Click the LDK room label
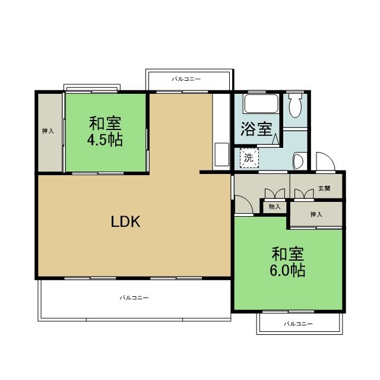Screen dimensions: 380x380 [125, 222]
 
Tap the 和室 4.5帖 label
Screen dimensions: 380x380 [105, 132]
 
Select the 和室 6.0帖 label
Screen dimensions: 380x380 [289, 262]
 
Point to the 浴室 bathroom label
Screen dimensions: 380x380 [256, 129]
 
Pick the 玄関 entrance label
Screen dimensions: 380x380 [324, 188]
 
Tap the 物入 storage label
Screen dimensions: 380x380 [274, 207]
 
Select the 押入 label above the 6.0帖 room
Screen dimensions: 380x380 [316, 214]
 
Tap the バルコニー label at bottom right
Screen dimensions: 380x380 [298, 324]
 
